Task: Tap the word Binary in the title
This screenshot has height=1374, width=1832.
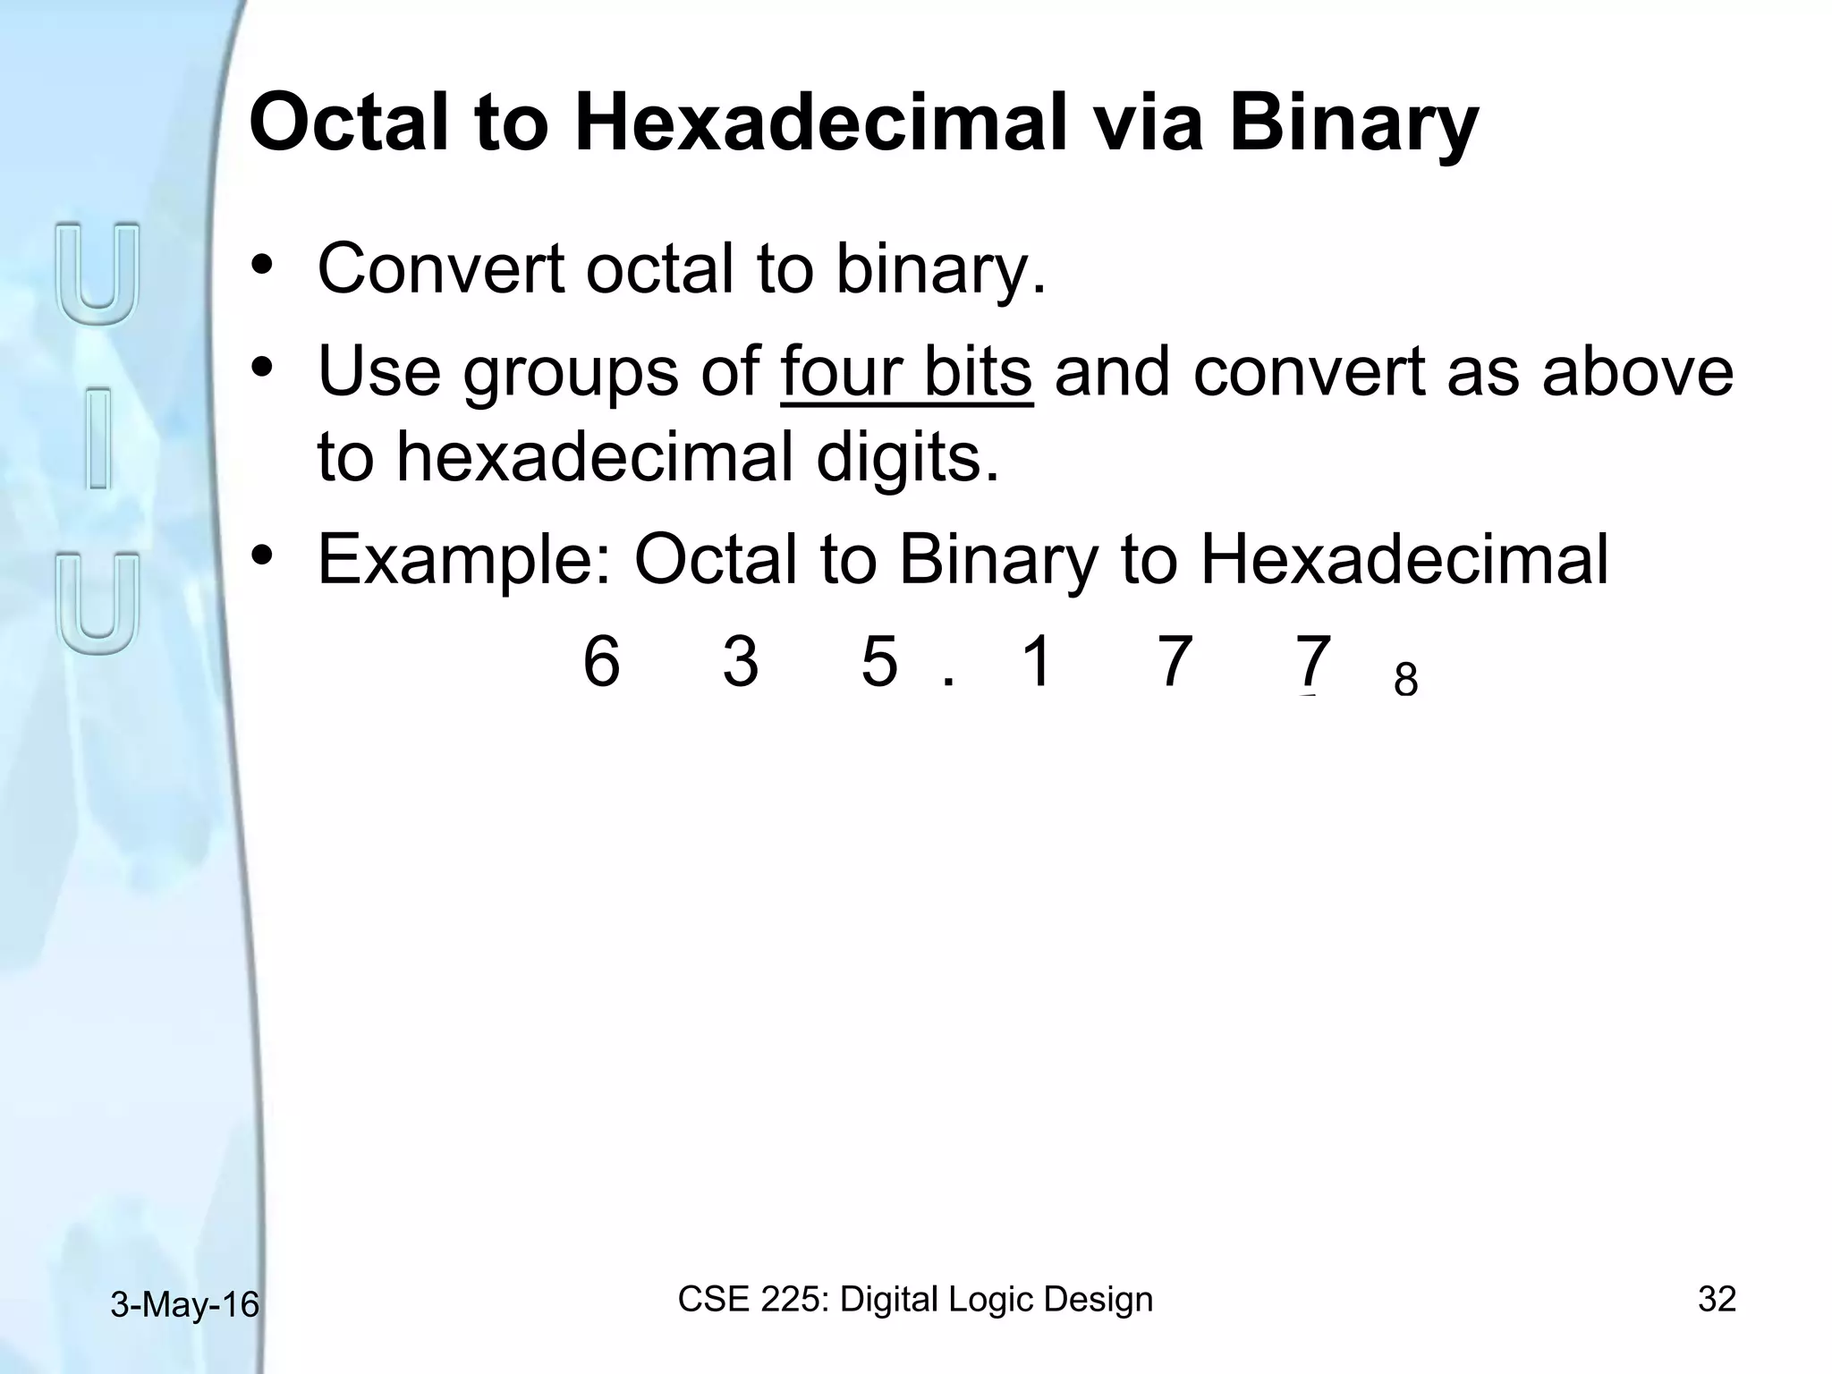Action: pyautogui.click(x=1353, y=125)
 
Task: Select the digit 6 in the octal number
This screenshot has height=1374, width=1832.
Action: pyautogui.click(x=601, y=662)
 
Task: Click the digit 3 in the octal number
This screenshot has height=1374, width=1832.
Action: pyautogui.click(x=741, y=662)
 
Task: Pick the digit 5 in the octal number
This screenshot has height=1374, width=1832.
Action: pyautogui.click(x=879, y=662)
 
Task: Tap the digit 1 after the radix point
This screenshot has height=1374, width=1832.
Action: pyautogui.click(x=1036, y=662)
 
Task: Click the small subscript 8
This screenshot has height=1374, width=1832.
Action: pyautogui.click(x=1405, y=681)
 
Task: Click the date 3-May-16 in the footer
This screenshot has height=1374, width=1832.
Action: pyautogui.click(x=184, y=1305)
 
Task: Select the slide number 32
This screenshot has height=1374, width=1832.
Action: pyautogui.click(x=1717, y=1299)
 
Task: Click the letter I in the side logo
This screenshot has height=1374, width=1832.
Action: pyautogui.click(x=98, y=438)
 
